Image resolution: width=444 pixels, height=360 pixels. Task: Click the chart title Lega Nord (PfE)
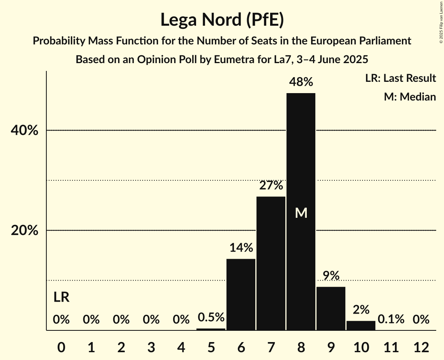click(x=222, y=20)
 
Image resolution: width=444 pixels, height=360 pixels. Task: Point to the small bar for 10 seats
click(x=361, y=326)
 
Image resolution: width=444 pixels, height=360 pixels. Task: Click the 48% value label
click(x=301, y=82)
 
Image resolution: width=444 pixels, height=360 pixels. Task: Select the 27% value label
click(x=271, y=186)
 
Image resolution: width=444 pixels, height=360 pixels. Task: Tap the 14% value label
click(x=241, y=248)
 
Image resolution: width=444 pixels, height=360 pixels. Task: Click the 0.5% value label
click(x=211, y=318)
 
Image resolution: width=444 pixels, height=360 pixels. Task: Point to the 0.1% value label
click(x=391, y=319)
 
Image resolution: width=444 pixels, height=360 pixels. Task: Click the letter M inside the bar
click(x=301, y=213)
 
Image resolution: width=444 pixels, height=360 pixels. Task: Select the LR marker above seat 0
click(x=61, y=298)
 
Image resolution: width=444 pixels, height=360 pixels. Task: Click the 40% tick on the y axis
click(x=24, y=131)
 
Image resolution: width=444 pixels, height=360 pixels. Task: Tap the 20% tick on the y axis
click(x=24, y=231)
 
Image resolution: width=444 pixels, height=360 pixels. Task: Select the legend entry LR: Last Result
click(x=400, y=78)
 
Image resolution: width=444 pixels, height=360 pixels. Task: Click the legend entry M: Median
click(x=410, y=97)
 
